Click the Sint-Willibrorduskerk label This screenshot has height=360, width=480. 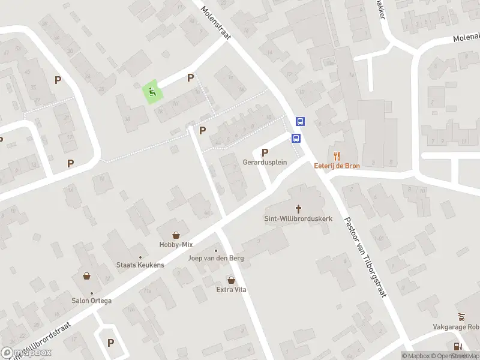(298, 219)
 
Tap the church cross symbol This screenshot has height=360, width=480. (298, 208)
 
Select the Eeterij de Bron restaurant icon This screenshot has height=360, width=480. (337, 155)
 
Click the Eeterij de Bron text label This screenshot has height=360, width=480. (337, 166)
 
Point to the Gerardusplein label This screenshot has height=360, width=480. (265, 163)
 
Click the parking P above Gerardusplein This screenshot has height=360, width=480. (265, 152)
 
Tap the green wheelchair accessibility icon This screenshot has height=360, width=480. (152, 92)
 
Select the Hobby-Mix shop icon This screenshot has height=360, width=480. (176, 235)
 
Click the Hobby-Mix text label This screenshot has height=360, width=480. (176, 245)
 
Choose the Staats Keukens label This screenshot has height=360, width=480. (140, 265)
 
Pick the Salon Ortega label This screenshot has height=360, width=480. (92, 301)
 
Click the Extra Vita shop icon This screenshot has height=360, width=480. (232, 280)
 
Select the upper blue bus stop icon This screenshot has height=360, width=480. (300, 121)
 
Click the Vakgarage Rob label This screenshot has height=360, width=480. (456, 328)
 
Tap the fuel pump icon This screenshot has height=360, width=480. (458, 346)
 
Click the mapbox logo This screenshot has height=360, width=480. (26, 352)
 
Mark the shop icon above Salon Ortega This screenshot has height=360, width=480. (87, 277)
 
